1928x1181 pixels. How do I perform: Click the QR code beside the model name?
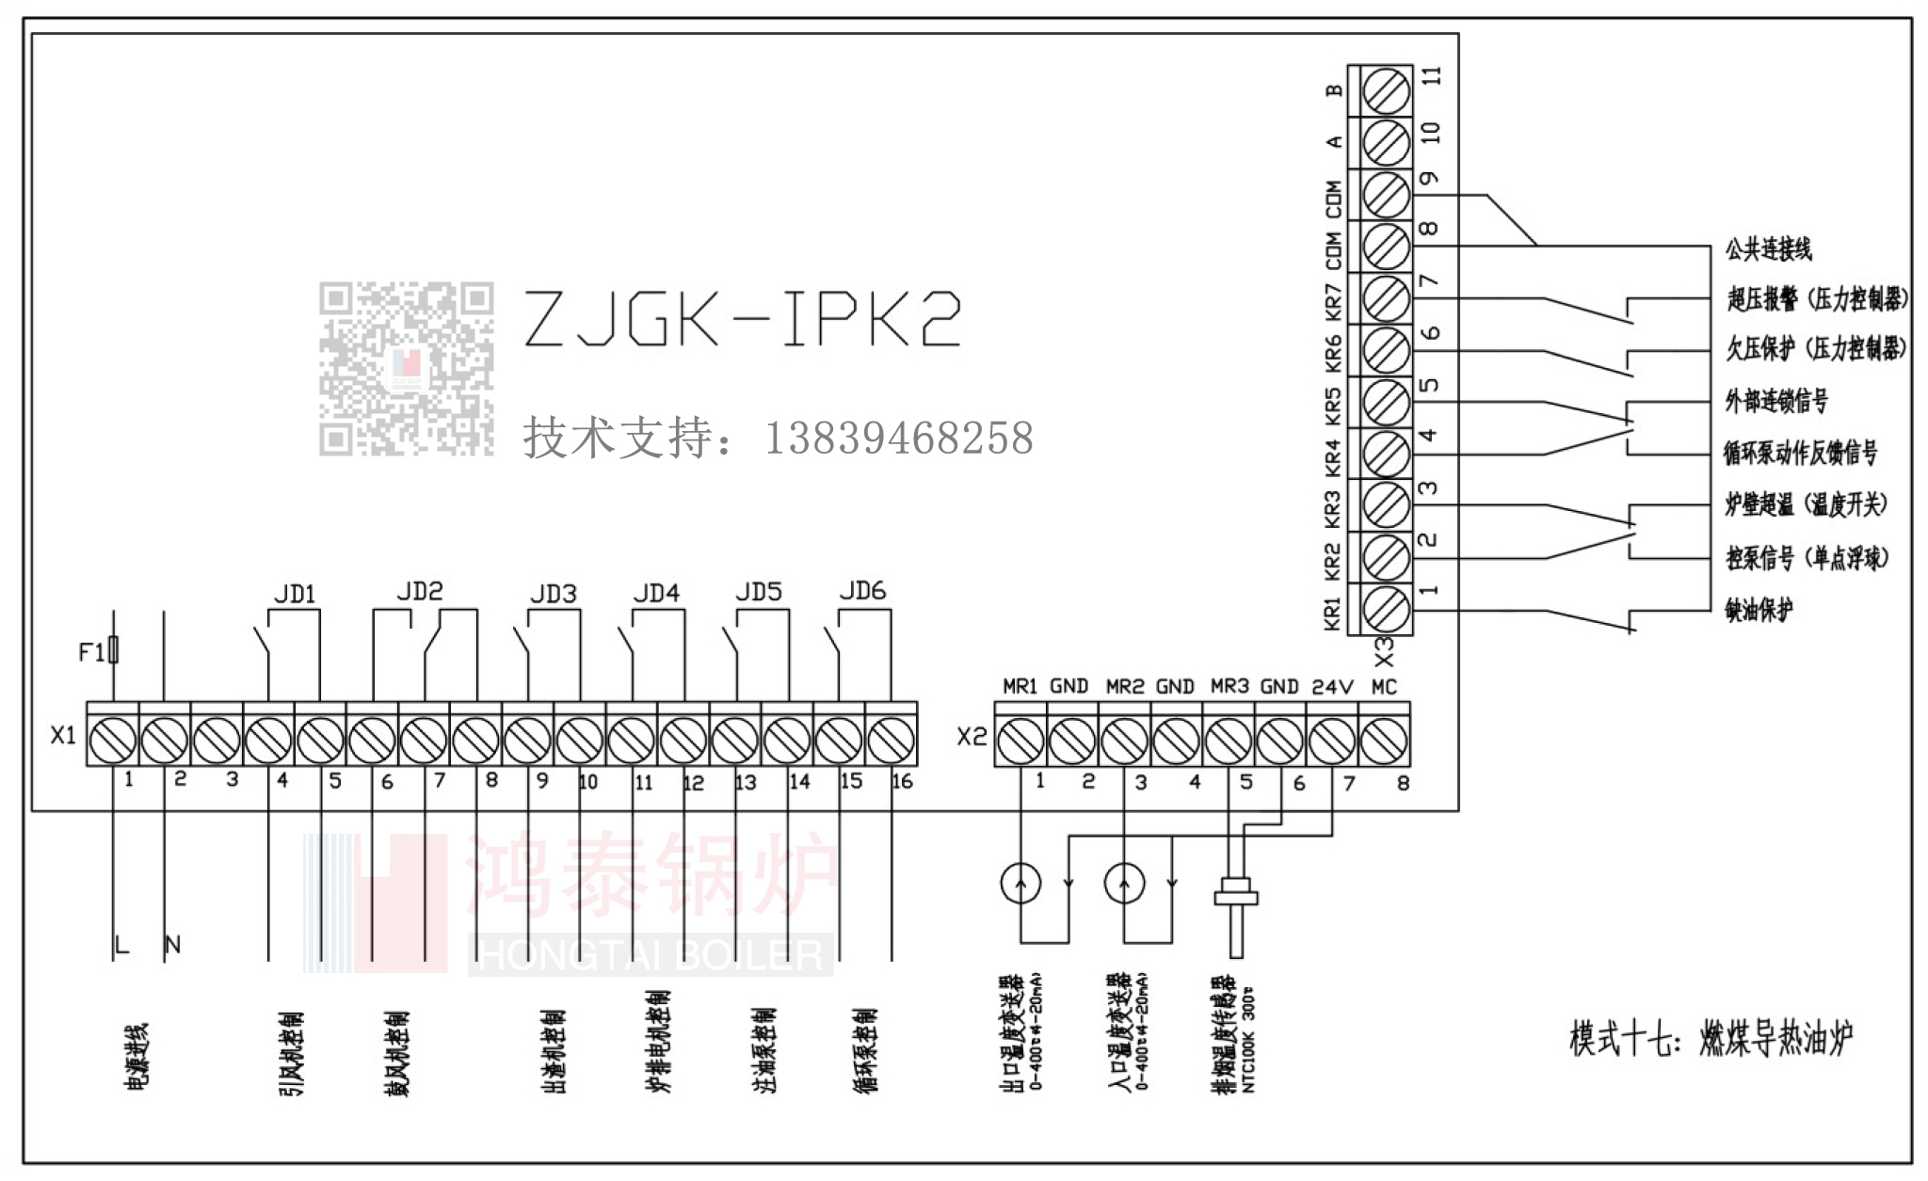(406, 369)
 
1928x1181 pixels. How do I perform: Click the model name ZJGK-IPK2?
(742, 319)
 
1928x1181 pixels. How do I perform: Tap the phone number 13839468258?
(899, 439)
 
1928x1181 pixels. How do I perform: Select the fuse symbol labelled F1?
(113, 650)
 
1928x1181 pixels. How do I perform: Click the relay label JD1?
(295, 595)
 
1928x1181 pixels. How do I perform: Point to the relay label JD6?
(862, 591)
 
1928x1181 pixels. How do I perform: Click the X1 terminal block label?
(63, 735)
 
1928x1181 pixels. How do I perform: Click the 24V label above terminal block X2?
(1332, 687)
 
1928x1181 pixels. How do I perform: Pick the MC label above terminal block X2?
(1384, 687)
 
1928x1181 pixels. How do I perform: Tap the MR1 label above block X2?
(1020, 687)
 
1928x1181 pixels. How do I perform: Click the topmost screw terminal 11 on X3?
(1386, 91)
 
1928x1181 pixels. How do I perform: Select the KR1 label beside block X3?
(1332, 613)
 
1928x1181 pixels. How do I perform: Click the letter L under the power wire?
(120, 945)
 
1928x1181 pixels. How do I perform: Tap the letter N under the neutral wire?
(172, 945)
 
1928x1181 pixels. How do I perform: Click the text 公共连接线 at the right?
(1768, 249)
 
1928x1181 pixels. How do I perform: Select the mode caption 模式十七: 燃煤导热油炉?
(1711, 1039)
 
